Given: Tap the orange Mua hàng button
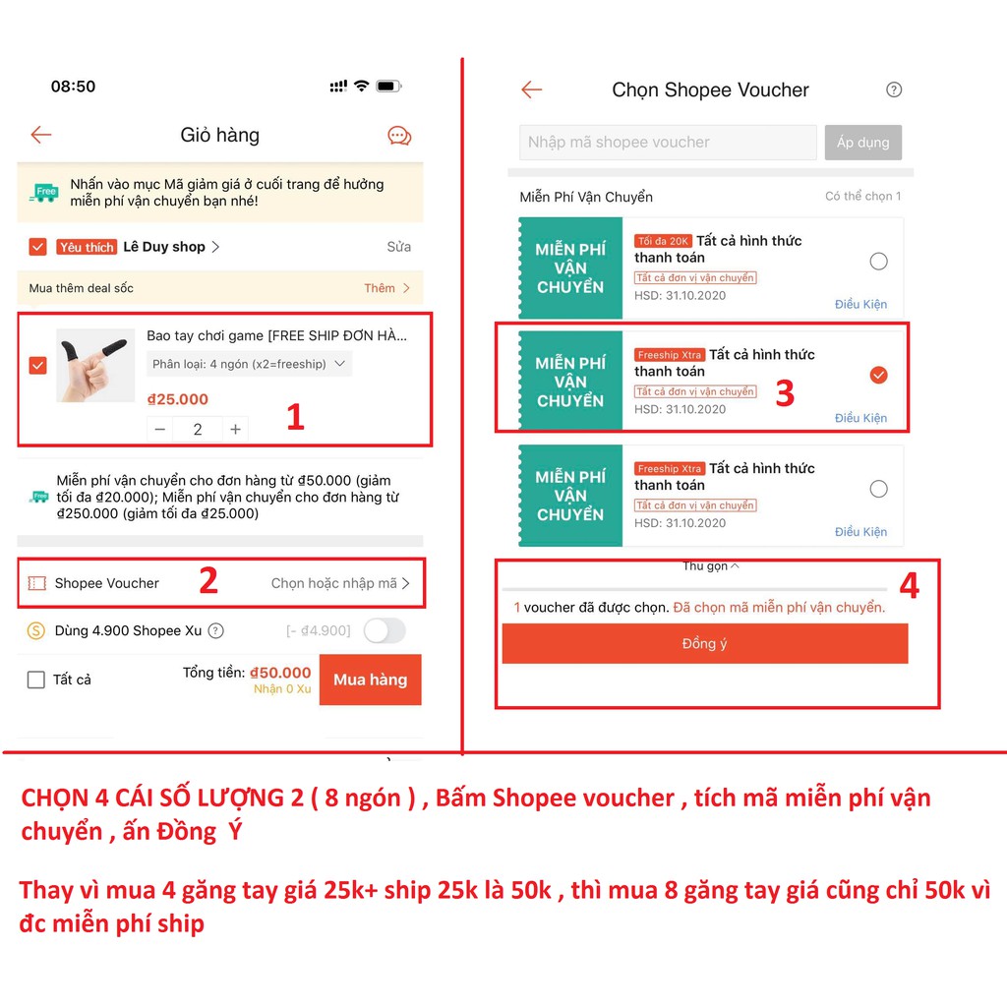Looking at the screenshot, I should tap(370, 680).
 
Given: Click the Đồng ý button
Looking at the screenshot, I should tap(704, 643).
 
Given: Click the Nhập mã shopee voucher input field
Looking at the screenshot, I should tap(668, 143).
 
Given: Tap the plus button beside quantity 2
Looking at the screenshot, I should tap(235, 429).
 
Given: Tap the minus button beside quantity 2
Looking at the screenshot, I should tap(160, 429).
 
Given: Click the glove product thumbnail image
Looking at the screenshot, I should tap(95, 365).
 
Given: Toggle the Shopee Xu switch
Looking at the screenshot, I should tap(384, 631).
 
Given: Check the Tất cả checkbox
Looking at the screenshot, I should tap(36, 680).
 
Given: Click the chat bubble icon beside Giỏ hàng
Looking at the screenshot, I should tap(399, 136).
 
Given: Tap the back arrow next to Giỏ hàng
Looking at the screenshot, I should tap(40, 135).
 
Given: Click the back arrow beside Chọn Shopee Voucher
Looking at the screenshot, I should tap(531, 90).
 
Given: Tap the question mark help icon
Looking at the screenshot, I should tap(894, 89).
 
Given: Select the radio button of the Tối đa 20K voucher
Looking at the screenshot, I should tap(878, 261).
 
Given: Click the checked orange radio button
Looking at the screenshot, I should tap(878, 375).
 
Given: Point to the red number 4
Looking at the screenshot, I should tap(909, 586).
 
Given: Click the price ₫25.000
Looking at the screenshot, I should tap(178, 399).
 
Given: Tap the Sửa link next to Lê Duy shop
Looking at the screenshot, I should tap(398, 247).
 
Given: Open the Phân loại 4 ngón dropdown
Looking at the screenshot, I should tap(250, 364).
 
